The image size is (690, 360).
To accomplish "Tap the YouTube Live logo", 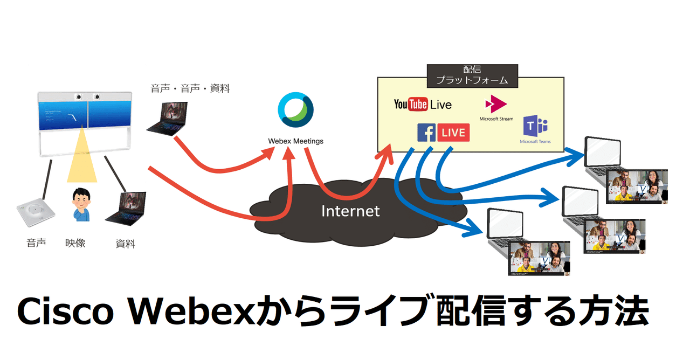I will tap(423, 104).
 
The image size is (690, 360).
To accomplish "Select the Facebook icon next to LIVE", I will tap(426, 133).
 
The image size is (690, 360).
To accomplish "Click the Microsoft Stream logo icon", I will tap(496, 103).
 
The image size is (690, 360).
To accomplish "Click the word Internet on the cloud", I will tap(350, 211).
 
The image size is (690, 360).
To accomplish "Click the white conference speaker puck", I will tap(36, 215).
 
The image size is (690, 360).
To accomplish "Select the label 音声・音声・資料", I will tap(190, 88).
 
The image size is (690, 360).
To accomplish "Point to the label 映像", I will tap(75, 243).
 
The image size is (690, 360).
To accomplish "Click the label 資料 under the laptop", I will tap(125, 244).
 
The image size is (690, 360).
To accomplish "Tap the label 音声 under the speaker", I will tap(36, 243).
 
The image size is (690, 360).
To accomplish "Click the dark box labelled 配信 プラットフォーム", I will tap(472, 75).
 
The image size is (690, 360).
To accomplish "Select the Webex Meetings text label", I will tap(295, 141).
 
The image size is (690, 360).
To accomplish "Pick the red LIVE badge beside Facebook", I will tap(453, 133).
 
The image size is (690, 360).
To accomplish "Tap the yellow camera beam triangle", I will tap(81, 156).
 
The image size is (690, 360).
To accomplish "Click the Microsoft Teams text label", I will tap(535, 142).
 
